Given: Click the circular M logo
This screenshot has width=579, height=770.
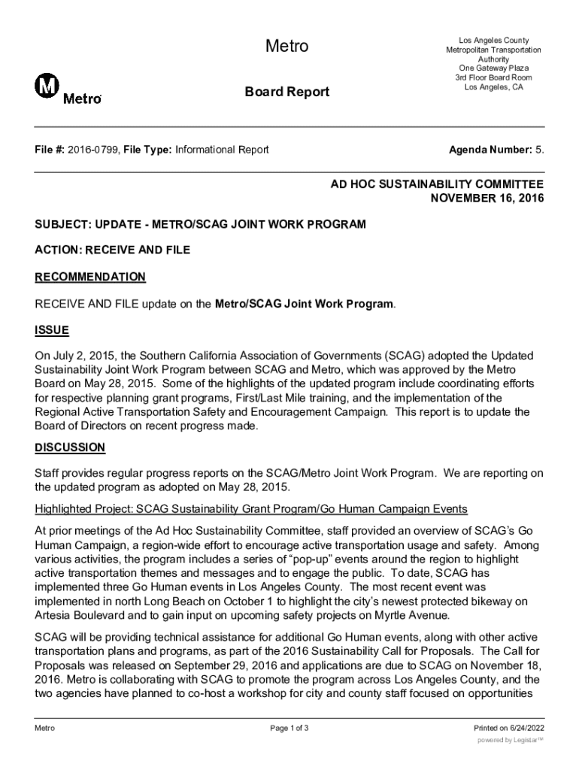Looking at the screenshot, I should [x=47, y=87].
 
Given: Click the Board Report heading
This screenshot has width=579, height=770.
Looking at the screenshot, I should [x=286, y=92].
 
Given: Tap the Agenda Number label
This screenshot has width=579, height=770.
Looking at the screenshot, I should [x=490, y=150].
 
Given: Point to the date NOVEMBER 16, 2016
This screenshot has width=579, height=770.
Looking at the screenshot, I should [x=487, y=199].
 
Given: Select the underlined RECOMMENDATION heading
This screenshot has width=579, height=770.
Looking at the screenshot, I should [x=90, y=277].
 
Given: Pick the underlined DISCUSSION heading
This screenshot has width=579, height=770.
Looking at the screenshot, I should [x=70, y=447].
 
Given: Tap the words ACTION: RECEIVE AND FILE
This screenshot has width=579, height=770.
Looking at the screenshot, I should [x=113, y=250].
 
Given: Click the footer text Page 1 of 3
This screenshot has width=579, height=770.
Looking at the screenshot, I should [x=289, y=728].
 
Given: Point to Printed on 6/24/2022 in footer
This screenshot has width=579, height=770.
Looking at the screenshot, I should [x=508, y=728].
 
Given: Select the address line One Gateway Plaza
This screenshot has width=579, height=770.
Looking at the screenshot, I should [x=493, y=68].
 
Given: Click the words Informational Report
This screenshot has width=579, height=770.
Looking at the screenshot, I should [x=222, y=150].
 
